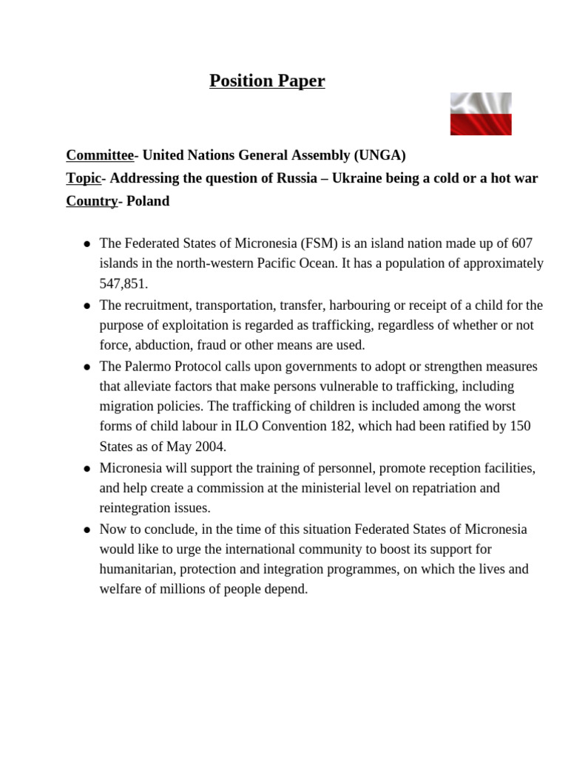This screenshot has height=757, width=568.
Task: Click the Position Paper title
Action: (x=267, y=81)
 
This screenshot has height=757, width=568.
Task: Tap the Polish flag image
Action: (x=481, y=114)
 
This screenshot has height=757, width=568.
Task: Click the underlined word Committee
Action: (x=100, y=155)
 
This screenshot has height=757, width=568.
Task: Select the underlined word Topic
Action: (x=83, y=178)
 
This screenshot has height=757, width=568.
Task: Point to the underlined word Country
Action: (x=92, y=201)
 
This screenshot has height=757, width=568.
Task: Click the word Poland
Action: (x=148, y=201)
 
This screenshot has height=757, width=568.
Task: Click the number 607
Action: (x=521, y=243)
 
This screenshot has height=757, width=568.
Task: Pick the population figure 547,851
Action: (x=124, y=284)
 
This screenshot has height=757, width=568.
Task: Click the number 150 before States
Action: (x=519, y=427)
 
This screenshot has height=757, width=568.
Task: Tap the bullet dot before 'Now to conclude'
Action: (x=87, y=530)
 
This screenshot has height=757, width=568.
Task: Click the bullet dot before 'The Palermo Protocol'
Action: (x=87, y=367)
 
